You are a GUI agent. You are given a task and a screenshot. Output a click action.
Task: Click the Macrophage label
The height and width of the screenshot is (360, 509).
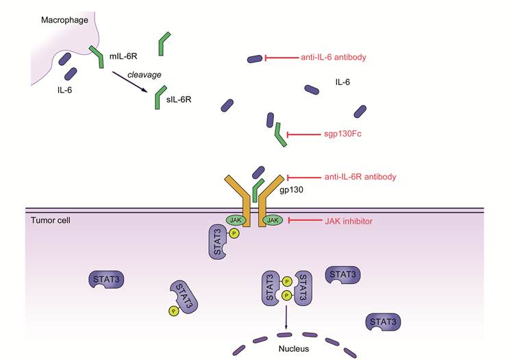[x=63, y=20]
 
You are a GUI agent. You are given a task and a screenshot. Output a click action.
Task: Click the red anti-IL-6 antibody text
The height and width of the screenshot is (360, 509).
[x=335, y=58]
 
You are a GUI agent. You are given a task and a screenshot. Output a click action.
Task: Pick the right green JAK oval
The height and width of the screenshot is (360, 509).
[x=273, y=220]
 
